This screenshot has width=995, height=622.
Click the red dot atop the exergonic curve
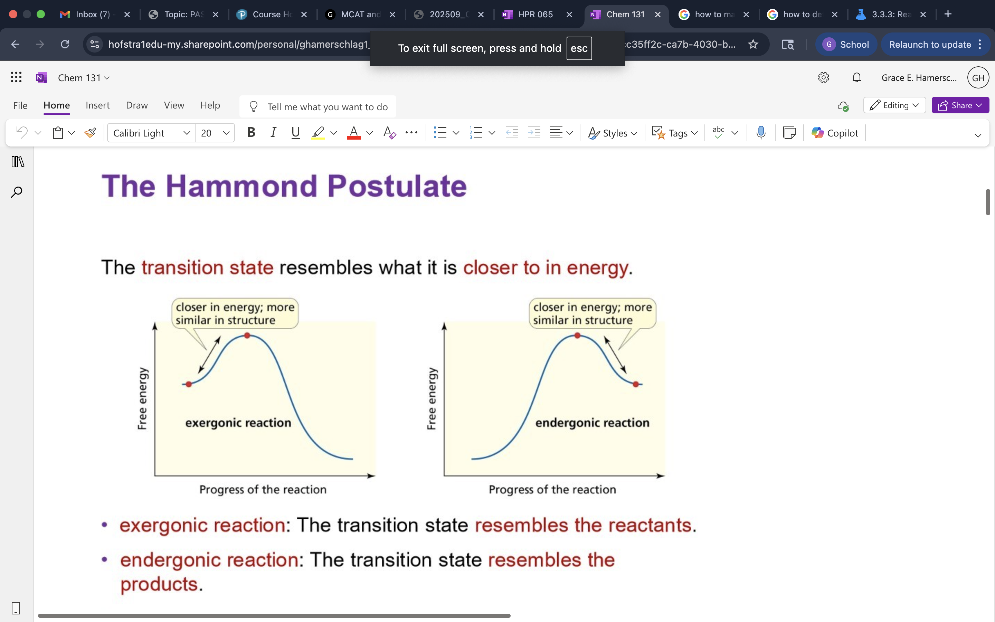pos(247,335)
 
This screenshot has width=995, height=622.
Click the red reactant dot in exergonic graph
pos(189,384)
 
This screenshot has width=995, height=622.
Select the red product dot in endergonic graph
pos(636,384)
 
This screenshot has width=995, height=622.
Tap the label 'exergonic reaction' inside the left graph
pos(238,423)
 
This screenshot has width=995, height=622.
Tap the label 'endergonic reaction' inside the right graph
pos(592,423)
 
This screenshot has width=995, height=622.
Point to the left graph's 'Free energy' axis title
pos(142,398)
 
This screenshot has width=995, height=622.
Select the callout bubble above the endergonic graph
pos(592,313)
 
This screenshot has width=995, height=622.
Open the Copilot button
pos(835,133)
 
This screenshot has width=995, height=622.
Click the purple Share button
pos(960,105)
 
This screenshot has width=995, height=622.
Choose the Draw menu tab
pos(136,105)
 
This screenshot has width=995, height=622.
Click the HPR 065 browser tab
pos(535,15)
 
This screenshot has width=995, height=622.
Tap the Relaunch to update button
pos(930,45)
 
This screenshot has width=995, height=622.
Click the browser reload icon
pos(65,45)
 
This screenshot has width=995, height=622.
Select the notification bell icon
pos(856,78)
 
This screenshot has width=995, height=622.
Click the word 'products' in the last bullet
pos(159,584)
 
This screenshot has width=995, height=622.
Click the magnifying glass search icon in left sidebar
pos(17,192)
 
